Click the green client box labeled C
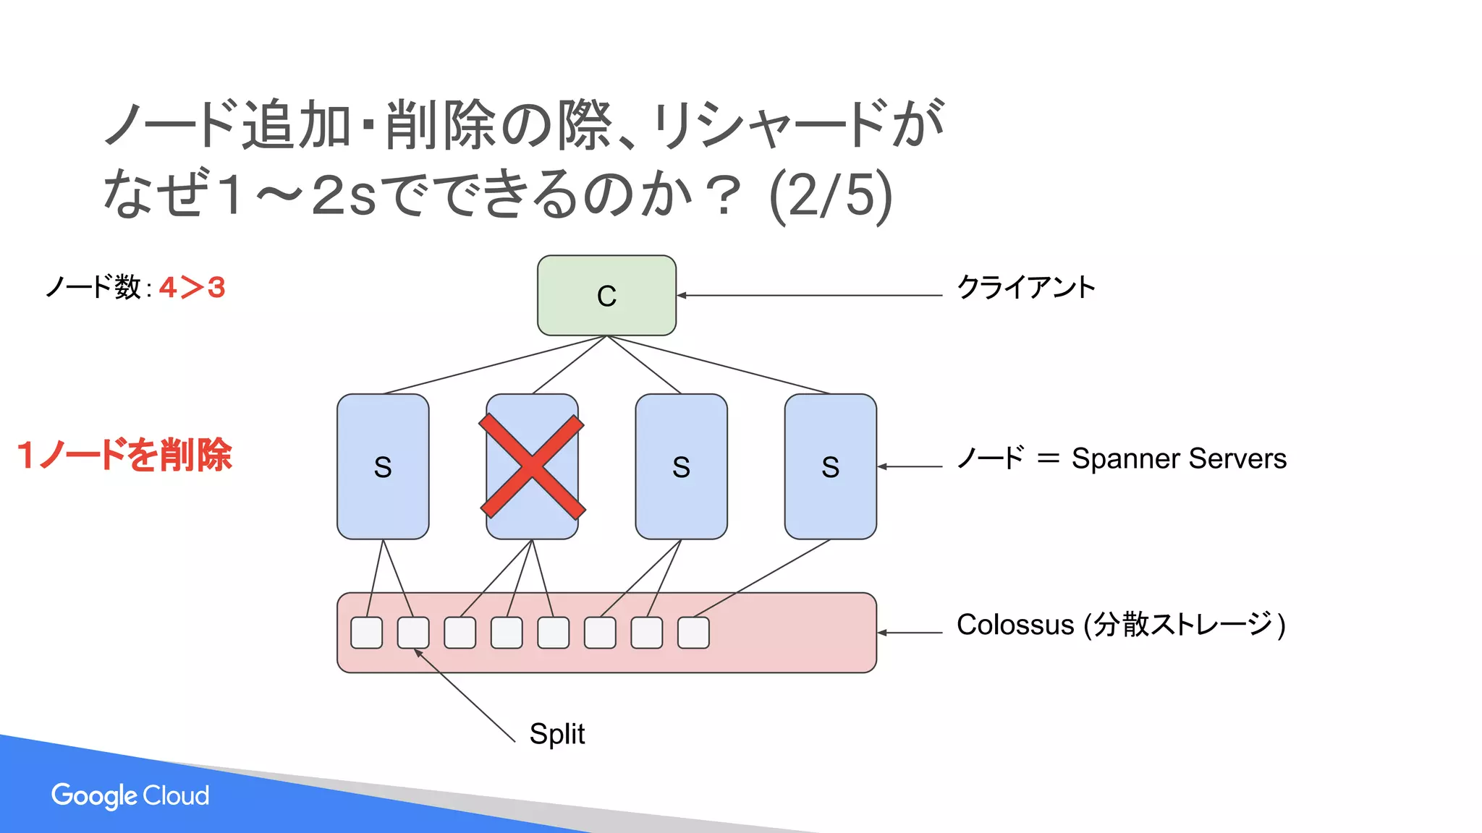coord(606,295)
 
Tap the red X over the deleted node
coord(532,466)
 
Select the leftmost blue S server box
coord(383,466)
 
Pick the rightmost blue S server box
coord(830,466)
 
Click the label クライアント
coord(1025,288)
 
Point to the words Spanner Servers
coord(1179,458)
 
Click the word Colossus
coord(1015,625)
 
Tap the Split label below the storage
coord(556,734)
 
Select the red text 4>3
coord(192,288)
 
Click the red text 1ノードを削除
coord(124,456)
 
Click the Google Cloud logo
coord(130,795)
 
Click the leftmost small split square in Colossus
coord(367,633)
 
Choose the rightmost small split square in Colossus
coord(693,633)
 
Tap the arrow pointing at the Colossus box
coord(910,633)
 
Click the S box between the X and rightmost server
coord(681,466)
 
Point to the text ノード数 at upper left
coord(93,288)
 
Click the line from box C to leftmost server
coord(494,365)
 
